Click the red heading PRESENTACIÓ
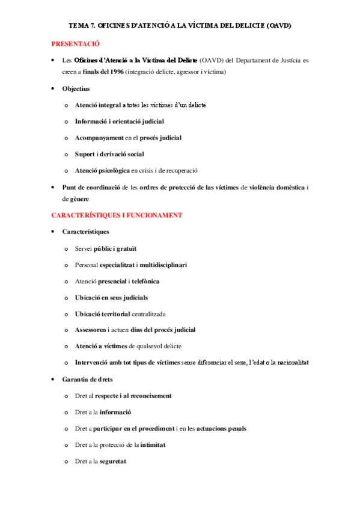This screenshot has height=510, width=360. click(x=75, y=44)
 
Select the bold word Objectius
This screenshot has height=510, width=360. click(x=76, y=88)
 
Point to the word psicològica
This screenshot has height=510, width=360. click(x=112, y=170)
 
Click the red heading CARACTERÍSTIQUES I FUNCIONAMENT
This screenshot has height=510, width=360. click(x=117, y=215)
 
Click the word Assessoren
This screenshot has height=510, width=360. click(x=91, y=330)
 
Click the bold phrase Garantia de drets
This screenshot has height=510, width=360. click(x=88, y=379)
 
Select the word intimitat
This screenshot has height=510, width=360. click(x=153, y=445)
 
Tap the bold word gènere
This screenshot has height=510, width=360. click(x=75, y=198)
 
